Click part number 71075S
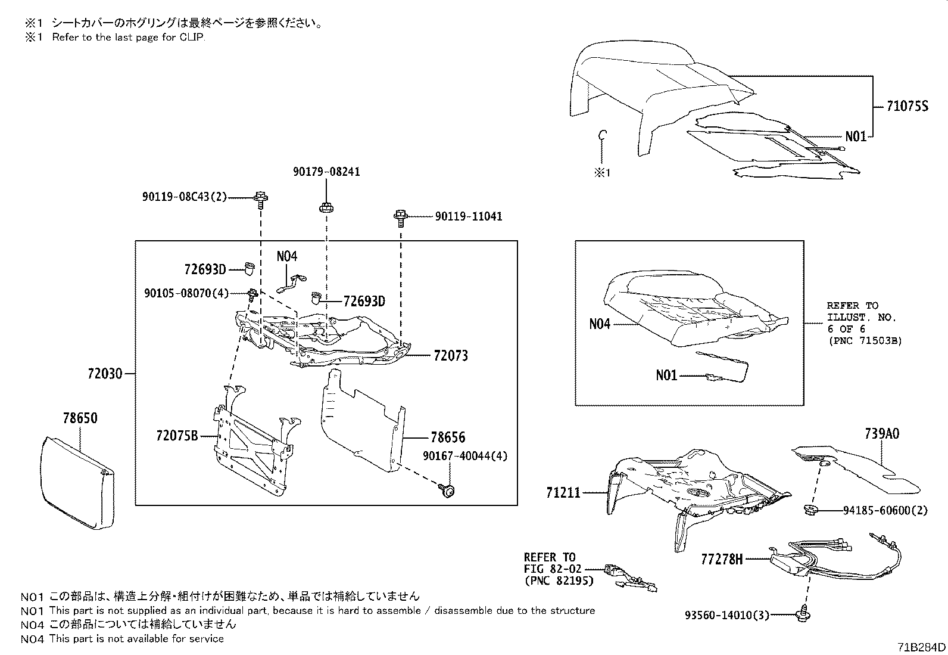point(907,107)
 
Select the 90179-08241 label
point(326,172)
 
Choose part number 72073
point(451,356)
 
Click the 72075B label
point(176,436)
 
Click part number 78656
point(448,437)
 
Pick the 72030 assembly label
point(104,374)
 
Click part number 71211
point(563,493)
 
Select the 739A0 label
point(882,433)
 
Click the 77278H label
point(722,559)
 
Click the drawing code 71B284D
point(921,647)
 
